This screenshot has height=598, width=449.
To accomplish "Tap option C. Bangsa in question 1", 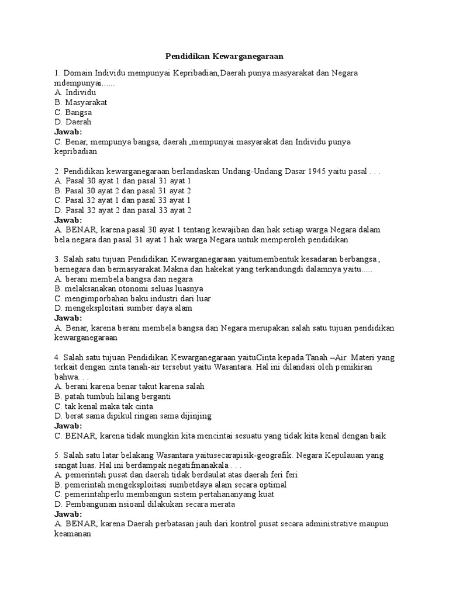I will click(x=73, y=112).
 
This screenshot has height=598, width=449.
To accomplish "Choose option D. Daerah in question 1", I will click(x=73, y=122).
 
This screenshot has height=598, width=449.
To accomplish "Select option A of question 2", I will click(x=122, y=181).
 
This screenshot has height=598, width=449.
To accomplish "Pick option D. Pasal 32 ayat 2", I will click(x=122, y=210).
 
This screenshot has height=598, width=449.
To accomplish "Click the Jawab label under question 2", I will click(x=68, y=220).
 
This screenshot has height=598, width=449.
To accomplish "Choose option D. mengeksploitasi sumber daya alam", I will click(x=123, y=308).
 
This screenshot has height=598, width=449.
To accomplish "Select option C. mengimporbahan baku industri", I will click(x=132, y=298).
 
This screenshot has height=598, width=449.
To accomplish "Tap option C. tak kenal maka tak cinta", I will click(x=103, y=406).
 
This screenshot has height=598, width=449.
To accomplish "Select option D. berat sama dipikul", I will click(x=133, y=416).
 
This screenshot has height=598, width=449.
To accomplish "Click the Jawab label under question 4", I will click(x=68, y=426).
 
